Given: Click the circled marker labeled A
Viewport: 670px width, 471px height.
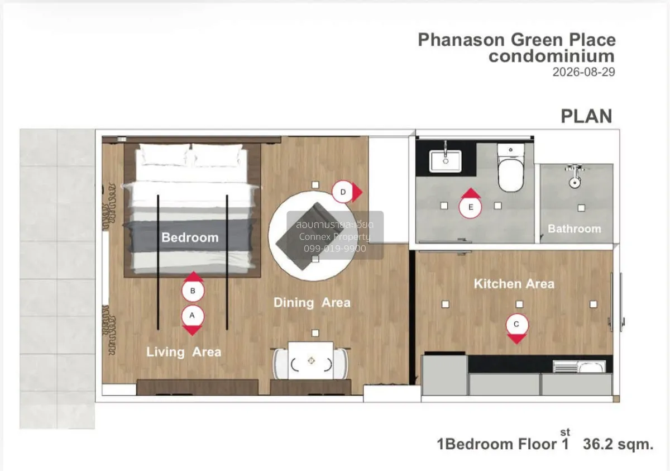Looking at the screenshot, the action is (193, 316).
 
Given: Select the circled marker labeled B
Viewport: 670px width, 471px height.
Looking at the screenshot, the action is (193, 291).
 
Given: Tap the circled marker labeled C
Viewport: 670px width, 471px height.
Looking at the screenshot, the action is (517, 325).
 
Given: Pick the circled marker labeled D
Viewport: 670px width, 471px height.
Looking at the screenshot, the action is (343, 192).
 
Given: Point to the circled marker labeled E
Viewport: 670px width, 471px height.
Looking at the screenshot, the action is (471, 207).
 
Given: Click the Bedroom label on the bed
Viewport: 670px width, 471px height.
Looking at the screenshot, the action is (190, 237).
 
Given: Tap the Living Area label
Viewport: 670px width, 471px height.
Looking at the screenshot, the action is (184, 352).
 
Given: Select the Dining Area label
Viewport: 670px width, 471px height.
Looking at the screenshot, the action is (312, 302).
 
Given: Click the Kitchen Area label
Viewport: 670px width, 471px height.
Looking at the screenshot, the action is (514, 284).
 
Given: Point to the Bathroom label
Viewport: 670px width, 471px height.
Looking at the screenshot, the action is (575, 229).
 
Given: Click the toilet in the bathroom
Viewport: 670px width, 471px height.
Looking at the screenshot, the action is (511, 167).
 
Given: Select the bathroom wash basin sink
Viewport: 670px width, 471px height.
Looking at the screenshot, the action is (446, 161).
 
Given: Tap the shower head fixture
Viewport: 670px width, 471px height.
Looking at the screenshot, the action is (575, 177).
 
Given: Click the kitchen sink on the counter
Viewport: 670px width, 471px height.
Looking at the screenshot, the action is (579, 367).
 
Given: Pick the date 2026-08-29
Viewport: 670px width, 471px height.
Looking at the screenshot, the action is (583, 72).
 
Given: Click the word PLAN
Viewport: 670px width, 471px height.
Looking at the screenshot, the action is (586, 116).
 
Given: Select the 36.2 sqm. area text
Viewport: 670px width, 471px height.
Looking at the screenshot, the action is (618, 444).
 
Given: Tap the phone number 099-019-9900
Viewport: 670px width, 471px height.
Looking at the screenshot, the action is (334, 249).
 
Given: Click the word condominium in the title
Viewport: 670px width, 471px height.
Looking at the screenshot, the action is (552, 56).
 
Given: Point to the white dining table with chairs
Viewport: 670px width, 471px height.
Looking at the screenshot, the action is (310, 360).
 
